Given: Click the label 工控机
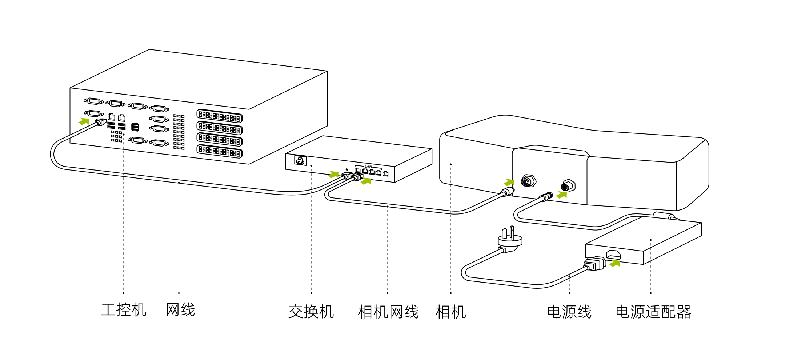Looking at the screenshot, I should click(124, 310).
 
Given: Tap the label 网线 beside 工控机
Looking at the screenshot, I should click(180, 310).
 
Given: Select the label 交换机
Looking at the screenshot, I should click(311, 312).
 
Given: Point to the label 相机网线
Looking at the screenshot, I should click(388, 312).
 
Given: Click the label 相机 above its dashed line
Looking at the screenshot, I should click(451, 312).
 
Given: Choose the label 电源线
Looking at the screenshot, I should click(569, 312).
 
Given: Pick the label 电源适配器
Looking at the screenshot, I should click(653, 312).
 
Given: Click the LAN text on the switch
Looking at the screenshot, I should click(368, 167).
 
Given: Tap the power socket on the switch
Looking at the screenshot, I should click(301, 160).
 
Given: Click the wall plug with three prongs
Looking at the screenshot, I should click(510, 240).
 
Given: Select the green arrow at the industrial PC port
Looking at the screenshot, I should click(84, 121).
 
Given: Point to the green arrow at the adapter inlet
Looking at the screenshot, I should click(615, 263).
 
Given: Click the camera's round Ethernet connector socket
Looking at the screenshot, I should click(528, 181).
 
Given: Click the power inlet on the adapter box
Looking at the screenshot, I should click(613, 254).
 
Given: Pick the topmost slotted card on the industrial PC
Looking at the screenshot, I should click(219, 116).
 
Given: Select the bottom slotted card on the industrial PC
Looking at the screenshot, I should click(219, 151).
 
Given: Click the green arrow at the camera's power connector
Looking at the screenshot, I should click(562, 195).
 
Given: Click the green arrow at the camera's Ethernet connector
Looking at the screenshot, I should click(509, 182).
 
